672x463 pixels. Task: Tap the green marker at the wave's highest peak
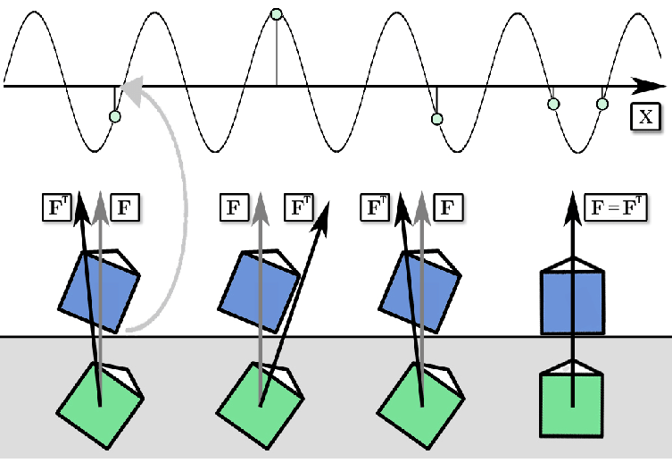[276, 13]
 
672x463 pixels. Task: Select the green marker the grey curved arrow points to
[113, 116]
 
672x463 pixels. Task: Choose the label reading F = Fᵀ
[616, 208]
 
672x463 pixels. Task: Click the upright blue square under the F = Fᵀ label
[573, 302]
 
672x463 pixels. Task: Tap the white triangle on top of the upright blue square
[573, 262]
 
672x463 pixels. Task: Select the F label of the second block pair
[234, 208]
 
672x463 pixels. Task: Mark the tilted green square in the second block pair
[259, 405]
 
